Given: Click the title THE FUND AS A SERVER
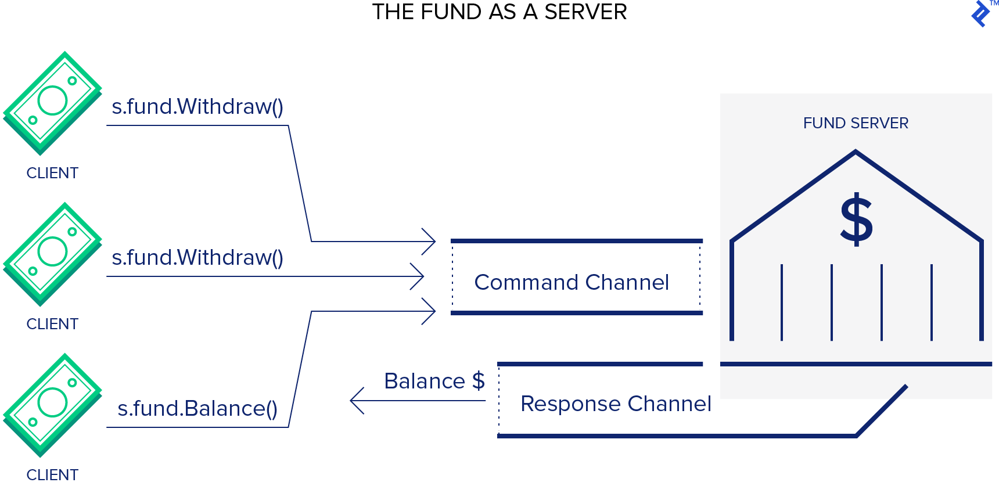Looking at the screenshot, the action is coord(499,12).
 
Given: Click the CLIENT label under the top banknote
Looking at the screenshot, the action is coord(52,173).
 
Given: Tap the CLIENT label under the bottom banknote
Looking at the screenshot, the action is coord(52,474).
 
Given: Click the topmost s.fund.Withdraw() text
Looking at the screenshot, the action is coord(197,107).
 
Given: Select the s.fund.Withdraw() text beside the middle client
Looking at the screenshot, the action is coord(197,258).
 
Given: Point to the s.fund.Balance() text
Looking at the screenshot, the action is coord(197,409).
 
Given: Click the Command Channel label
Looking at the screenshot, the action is coord(572,282).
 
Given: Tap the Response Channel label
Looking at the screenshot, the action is coord(616,404).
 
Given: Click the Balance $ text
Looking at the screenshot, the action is coord(434,381).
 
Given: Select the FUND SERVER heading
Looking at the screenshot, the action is coord(856,123).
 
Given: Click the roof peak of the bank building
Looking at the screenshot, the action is coord(856,153).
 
